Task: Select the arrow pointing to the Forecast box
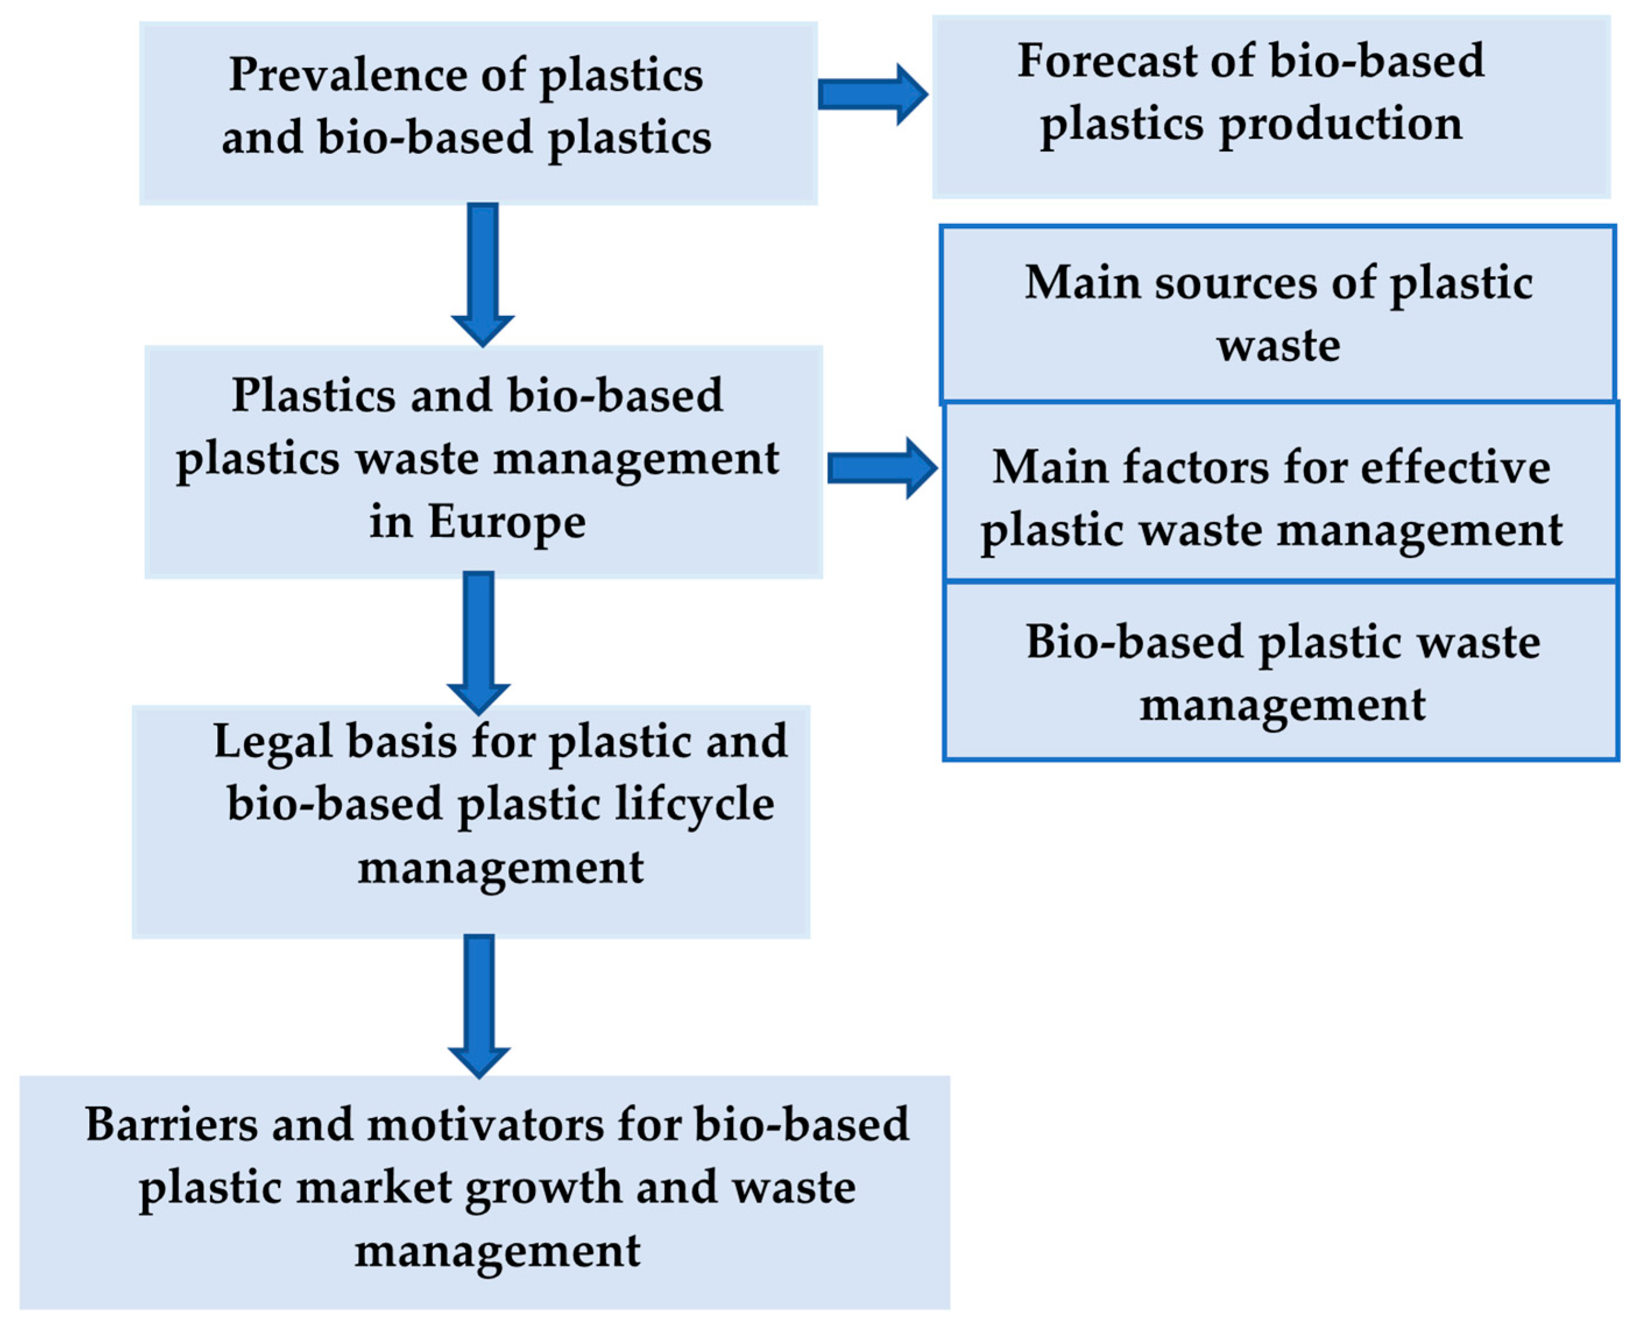872,94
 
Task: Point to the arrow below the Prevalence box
483,274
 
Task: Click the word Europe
507,522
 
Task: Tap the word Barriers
171,1125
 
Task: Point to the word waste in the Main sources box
1278,346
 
